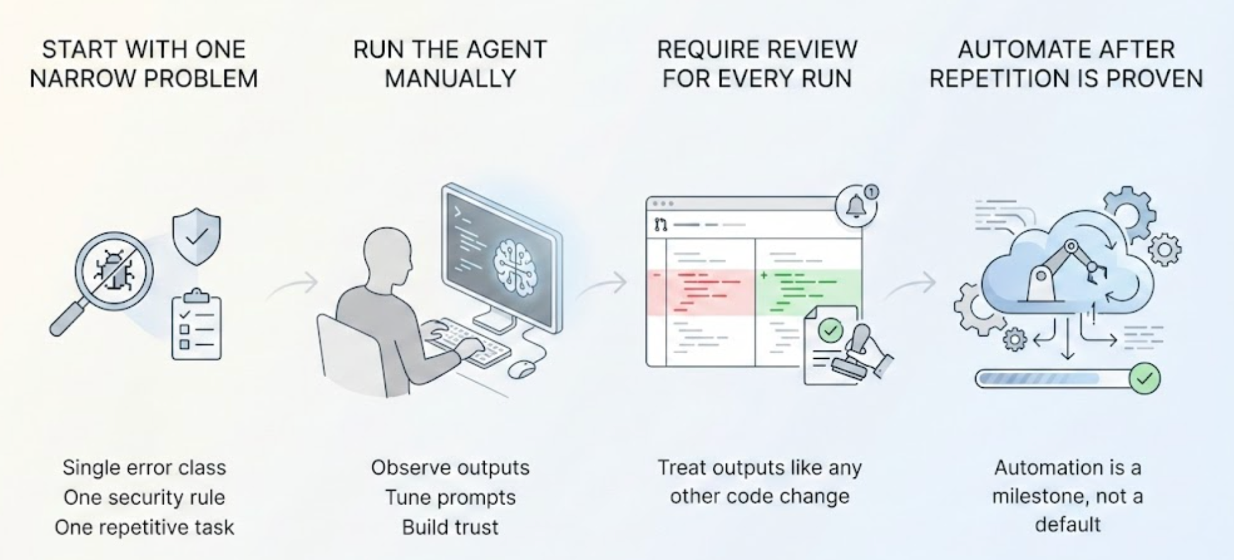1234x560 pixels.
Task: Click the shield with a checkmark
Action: pyautogui.click(x=197, y=236)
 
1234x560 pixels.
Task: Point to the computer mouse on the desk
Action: pyautogui.click(x=522, y=368)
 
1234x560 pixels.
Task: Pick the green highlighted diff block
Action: pyautogui.click(x=809, y=291)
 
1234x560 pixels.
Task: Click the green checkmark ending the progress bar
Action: pyautogui.click(x=1145, y=378)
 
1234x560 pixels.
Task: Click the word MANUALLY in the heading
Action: pyautogui.click(x=450, y=79)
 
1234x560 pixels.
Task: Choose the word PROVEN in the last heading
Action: pyautogui.click(x=1156, y=79)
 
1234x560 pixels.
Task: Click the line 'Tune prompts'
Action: pyautogui.click(x=450, y=498)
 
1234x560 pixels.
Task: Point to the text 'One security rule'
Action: pyautogui.click(x=144, y=498)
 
